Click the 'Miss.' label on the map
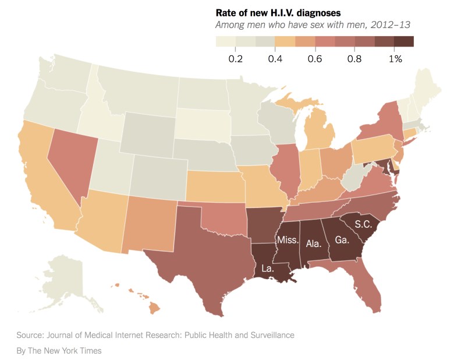click(288, 240)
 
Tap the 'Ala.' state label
click(314, 243)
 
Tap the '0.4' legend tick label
click(275, 59)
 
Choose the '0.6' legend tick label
click(314, 59)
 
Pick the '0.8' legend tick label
click(354, 59)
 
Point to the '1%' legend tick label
click(395, 59)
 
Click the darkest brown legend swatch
click(404, 41)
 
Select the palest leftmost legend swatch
click(225, 41)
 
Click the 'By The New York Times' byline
click(59, 350)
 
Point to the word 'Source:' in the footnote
click(31, 335)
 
